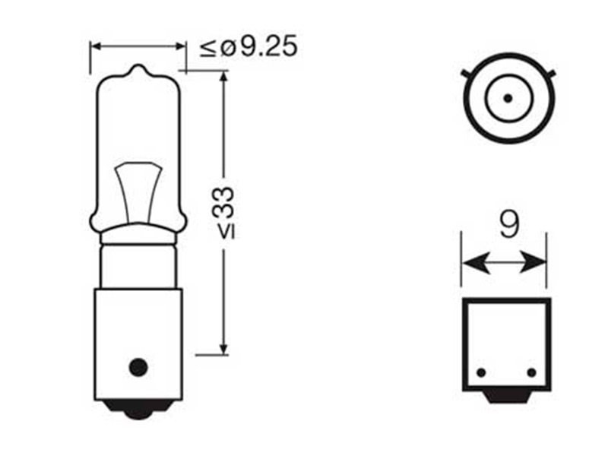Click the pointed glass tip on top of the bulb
tap(138, 71)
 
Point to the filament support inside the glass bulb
tap(138, 190)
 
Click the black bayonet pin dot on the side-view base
tap(138, 367)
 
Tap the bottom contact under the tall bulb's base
tap(138, 410)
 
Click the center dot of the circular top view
tap(506, 98)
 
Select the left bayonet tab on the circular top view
tap(466, 74)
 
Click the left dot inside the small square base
tap(480, 372)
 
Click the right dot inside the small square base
tap(530, 372)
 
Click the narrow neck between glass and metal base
tap(138, 258)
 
